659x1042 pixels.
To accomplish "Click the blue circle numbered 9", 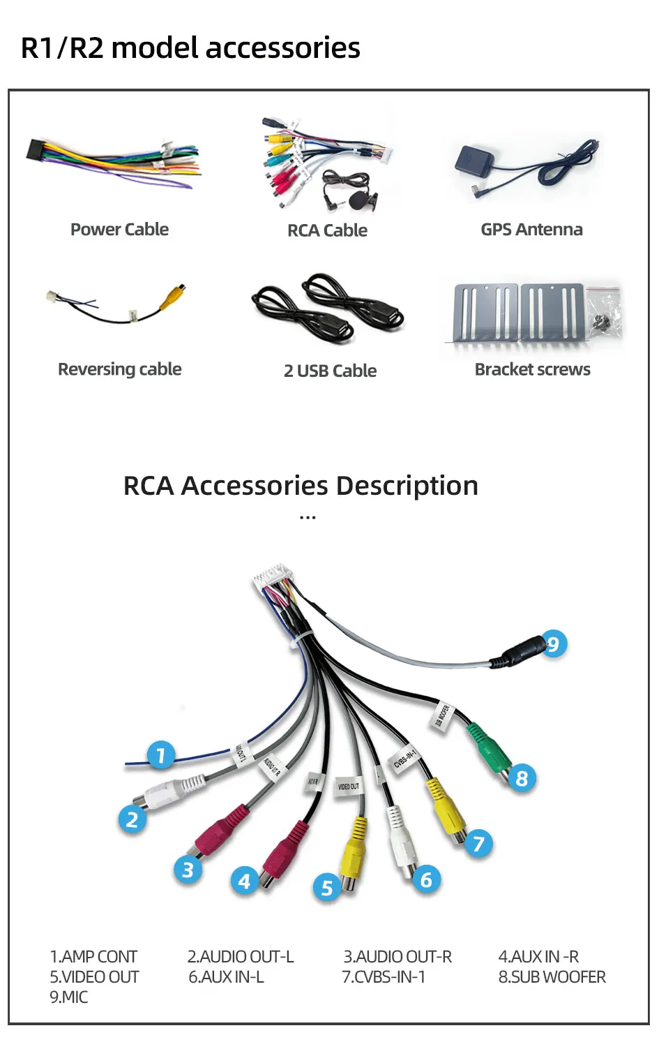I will pyautogui.click(x=553, y=643).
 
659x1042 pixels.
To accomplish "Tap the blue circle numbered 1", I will pyautogui.click(x=160, y=755).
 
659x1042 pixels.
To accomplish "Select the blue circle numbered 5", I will pyautogui.click(x=326, y=888).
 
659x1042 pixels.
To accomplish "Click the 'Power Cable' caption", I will pyautogui.click(x=119, y=230).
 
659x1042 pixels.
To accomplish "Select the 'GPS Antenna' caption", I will pyautogui.click(x=531, y=230).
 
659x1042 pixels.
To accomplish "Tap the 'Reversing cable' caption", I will pyautogui.click(x=119, y=369).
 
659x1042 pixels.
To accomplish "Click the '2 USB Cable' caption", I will pyautogui.click(x=330, y=371).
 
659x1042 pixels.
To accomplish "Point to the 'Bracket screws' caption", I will pyautogui.click(x=532, y=369).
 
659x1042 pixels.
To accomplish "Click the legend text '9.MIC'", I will pyautogui.click(x=68, y=997).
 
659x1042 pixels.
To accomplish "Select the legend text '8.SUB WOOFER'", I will pyautogui.click(x=552, y=976).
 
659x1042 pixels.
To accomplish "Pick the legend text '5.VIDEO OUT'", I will pyautogui.click(x=94, y=976).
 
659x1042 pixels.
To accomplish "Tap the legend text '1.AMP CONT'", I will pyautogui.click(x=93, y=956).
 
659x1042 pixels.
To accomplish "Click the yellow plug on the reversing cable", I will pyautogui.click(x=173, y=296).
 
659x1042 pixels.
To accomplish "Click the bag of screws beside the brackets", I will pyautogui.click(x=604, y=310).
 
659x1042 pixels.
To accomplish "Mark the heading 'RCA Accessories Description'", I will pyautogui.click(x=301, y=486).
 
